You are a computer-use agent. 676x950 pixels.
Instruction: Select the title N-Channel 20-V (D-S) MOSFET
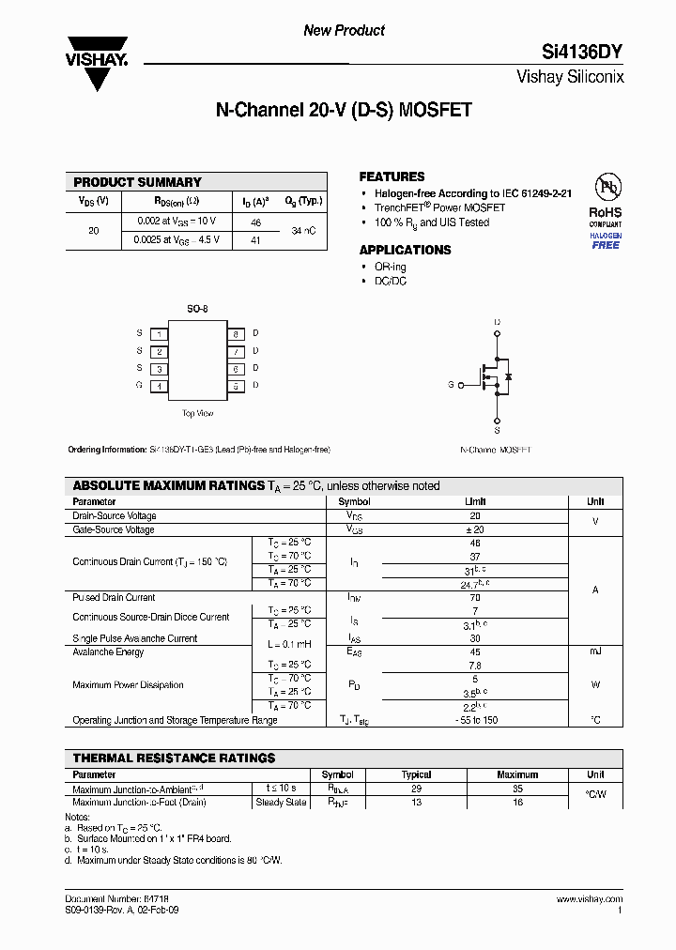(x=344, y=110)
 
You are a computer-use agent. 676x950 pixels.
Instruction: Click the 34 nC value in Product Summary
(x=303, y=230)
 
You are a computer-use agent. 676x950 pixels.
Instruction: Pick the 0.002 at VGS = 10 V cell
(x=176, y=222)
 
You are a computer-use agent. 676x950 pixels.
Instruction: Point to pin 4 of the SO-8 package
(x=161, y=386)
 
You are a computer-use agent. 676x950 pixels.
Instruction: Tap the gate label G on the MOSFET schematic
(x=451, y=385)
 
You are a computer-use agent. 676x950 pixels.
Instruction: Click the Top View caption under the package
(x=197, y=413)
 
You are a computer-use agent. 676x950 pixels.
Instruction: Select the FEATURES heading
(x=392, y=176)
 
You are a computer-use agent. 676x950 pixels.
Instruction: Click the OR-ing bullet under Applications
(x=391, y=267)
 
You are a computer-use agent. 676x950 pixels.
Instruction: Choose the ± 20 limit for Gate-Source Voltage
(x=475, y=530)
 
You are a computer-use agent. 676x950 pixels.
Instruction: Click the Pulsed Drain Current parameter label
(x=114, y=597)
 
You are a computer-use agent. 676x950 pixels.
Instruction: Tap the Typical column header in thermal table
(x=416, y=774)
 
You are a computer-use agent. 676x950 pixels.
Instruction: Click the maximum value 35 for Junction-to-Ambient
(x=517, y=789)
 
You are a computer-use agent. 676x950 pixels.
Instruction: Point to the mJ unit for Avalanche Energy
(x=595, y=651)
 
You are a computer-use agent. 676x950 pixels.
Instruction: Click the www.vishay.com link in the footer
(x=589, y=899)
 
